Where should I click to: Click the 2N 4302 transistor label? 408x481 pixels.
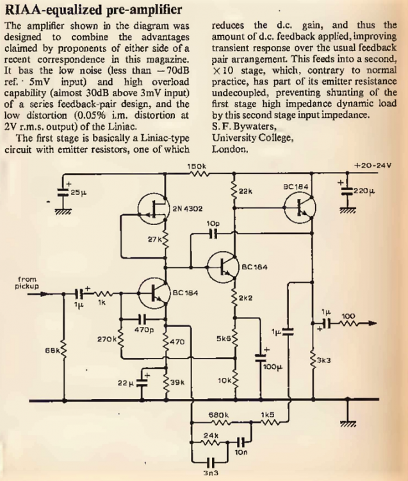point(186,208)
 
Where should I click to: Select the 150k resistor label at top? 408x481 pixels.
point(197,167)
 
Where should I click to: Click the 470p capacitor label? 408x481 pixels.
point(143,330)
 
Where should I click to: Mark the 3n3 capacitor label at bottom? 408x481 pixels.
point(211,474)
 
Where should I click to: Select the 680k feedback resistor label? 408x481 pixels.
point(219,415)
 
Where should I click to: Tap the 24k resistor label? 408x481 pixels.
point(211,435)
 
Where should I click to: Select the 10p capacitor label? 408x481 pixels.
point(213,223)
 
